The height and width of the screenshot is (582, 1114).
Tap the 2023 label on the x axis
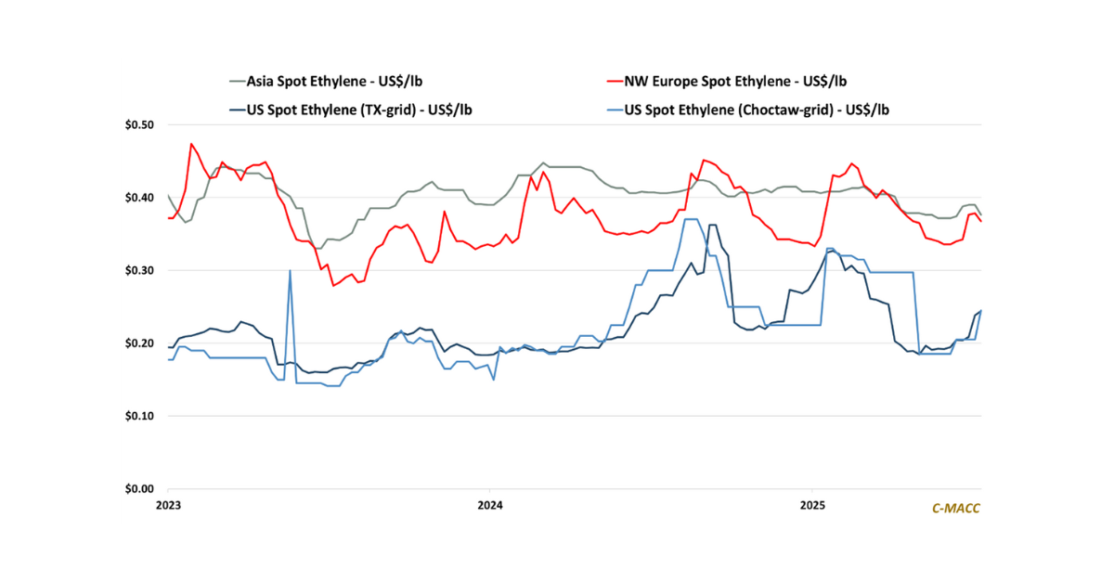168,506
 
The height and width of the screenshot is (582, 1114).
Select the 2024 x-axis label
489,506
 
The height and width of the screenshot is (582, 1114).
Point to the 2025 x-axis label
812,506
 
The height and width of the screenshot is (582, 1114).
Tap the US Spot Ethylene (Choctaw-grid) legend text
763,109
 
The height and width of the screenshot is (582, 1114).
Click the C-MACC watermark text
956,508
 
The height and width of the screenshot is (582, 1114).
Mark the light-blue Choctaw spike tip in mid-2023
291,270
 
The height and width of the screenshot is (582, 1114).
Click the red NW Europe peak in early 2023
191,144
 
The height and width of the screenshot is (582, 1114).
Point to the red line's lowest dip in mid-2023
333,286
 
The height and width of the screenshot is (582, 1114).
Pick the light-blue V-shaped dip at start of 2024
493,380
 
